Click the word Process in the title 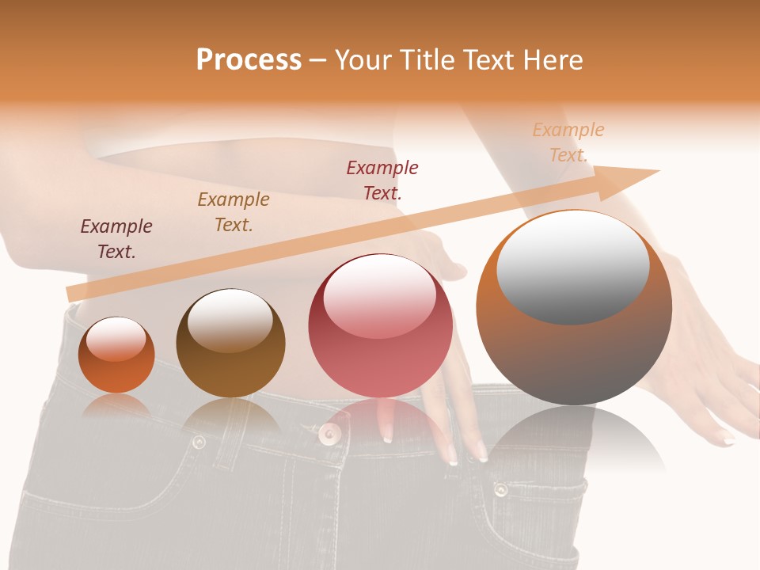[x=249, y=60]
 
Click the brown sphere [x=230, y=344]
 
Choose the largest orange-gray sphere [x=574, y=308]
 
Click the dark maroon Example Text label [x=116, y=239]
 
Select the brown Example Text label [x=234, y=212]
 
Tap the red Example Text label [x=382, y=180]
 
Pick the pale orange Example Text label [x=568, y=142]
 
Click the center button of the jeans [x=329, y=432]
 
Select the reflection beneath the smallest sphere [x=116, y=405]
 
